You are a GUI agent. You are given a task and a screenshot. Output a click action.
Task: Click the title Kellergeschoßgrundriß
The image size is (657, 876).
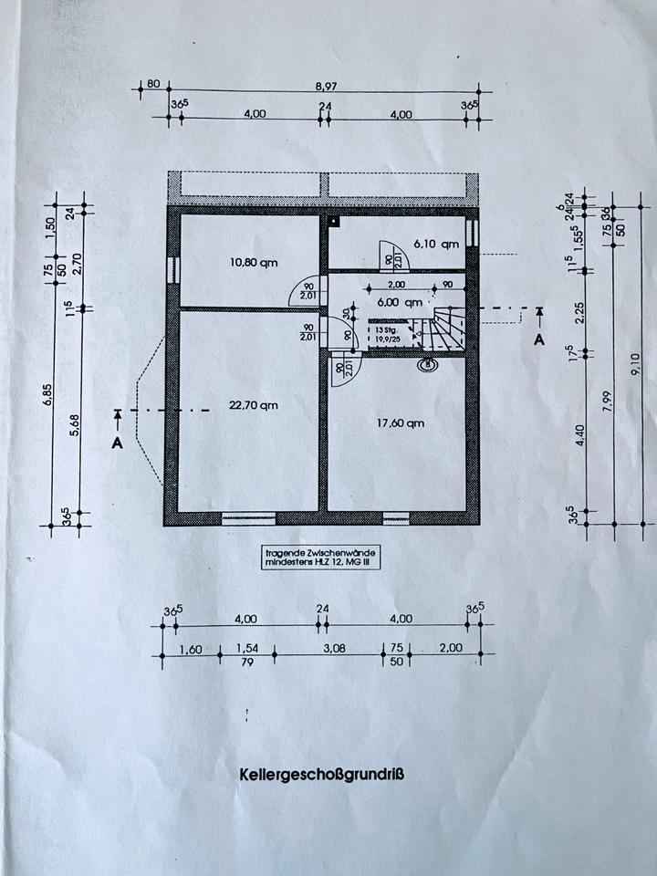[324, 775]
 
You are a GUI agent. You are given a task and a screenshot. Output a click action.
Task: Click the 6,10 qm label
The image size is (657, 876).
[435, 244]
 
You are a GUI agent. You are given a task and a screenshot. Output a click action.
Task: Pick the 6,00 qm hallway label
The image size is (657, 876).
[401, 302]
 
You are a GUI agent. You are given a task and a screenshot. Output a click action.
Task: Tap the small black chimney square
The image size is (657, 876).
[335, 220]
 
